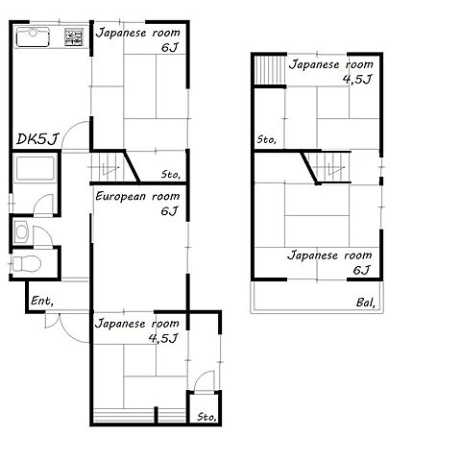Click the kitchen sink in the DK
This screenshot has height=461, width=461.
click(x=33, y=37)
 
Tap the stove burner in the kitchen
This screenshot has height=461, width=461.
click(x=74, y=37)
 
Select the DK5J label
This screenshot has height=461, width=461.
click(x=37, y=139)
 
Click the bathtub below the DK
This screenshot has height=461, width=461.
click(x=35, y=168)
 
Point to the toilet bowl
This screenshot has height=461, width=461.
click(x=27, y=264)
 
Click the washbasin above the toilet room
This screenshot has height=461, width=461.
click(x=21, y=232)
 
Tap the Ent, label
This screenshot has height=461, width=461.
click(x=42, y=301)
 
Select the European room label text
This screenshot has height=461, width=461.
click(x=137, y=196)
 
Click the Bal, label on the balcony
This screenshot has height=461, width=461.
click(x=365, y=303)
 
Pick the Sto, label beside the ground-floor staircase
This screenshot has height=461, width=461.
click(x=171, y=175)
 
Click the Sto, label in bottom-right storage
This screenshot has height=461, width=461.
click(x=206, y=417)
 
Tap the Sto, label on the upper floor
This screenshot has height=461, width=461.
click(x=267, y=139)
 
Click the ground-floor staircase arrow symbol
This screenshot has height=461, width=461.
click(x=110, y=168)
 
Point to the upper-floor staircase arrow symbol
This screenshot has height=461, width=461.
click(x=335, y=167)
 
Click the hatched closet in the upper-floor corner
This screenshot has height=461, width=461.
click(x=270, y=71)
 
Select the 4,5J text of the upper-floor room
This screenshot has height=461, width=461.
click(x=357, y=79)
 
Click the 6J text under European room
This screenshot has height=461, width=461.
click(x=169, y=211)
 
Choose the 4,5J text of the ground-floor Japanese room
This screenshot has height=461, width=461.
click(x=163, y=338)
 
